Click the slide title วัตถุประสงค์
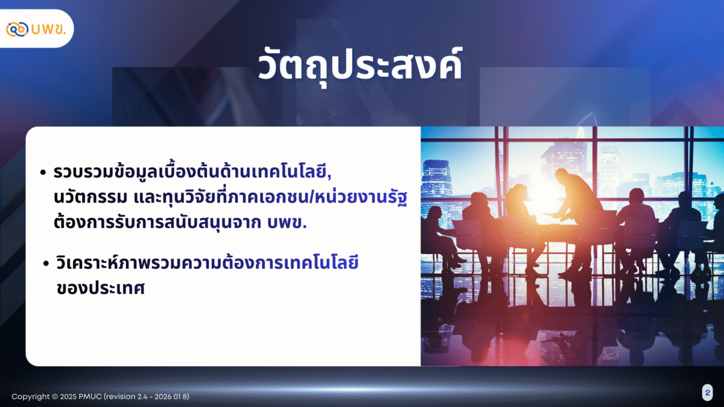coord(360,66)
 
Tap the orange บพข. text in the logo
coord(48,29)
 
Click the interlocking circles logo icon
coord(17,29)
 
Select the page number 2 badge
coord(708,393)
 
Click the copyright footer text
coord(100,396)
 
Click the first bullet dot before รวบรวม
coord(43,172)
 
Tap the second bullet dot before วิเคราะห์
coord(46,263)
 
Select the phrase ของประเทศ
coord(101,288)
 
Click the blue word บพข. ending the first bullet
coord(287,222)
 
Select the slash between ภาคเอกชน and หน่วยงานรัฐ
coord(311,197)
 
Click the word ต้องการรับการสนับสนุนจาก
coord(157,222)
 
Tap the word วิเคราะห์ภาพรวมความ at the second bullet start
coord(139,262)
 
